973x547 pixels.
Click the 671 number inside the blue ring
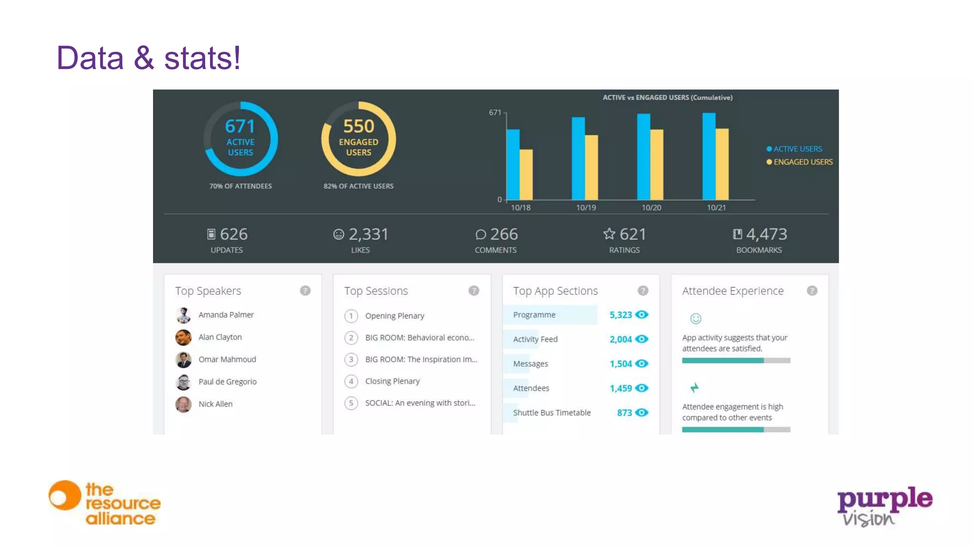[x=240, y=126]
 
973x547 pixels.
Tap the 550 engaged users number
[x=359, y=126]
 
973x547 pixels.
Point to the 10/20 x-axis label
[x=651, y=207]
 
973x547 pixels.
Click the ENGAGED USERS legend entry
[x=802, y=162]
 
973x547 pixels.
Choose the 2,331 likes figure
[x=368, y=234]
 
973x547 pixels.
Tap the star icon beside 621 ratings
[x=609, y=234]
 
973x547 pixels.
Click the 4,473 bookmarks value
[x=766, y=234]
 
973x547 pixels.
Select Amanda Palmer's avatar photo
[x=183, y=315]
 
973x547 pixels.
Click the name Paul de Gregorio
[x=227, y=382]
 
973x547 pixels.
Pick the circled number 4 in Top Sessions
[x=351, y=381]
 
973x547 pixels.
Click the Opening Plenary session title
[x=394, y=316]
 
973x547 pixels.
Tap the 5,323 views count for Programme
[x=620, y=315]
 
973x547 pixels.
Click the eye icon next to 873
[x=642, y=413]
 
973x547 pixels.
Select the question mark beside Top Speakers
[x=305, y=291]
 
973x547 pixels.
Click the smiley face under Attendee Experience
[x=696, y=319]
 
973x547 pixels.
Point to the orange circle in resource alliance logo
[x=65, y=496]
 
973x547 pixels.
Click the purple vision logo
[x=884, y=506]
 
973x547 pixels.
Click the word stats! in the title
[x=202, y=58]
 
